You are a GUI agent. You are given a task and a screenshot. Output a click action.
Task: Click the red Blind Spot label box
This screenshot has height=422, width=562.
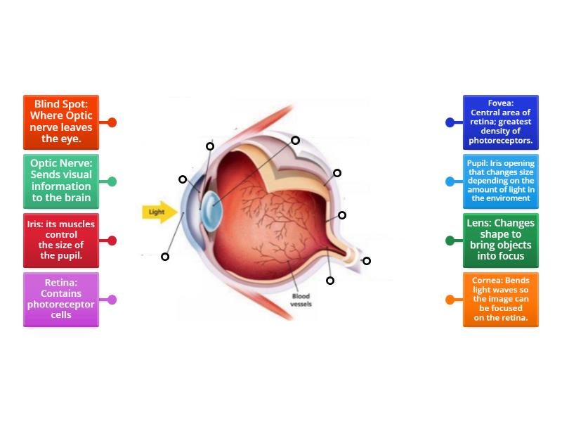point(60,122)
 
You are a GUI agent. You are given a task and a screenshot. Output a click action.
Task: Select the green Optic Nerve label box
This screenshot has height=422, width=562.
point(60,181)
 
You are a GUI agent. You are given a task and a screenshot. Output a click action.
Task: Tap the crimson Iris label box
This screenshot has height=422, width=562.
point(60,240)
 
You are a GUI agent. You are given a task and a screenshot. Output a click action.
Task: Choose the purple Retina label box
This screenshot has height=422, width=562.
point(60,299)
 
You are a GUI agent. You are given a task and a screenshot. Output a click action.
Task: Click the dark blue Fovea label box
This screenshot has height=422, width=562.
point(501,122)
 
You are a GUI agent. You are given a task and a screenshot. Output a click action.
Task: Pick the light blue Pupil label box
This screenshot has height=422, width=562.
point(501,181)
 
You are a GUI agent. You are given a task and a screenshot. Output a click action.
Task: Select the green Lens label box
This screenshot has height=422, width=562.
point(501,240)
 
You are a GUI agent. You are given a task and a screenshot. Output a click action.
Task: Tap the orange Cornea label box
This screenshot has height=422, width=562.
point(501,299)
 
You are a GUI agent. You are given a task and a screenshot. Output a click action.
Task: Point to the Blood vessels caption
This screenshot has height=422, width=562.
point(301,300)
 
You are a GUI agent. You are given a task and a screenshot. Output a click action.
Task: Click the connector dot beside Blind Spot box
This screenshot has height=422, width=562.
point(112,122)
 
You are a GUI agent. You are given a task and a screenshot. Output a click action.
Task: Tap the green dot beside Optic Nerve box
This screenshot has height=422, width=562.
point(112,181)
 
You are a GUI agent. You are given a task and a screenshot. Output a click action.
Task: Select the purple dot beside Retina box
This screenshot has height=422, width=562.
point(112,300)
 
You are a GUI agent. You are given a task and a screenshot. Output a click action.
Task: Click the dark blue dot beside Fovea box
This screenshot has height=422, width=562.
point(450,122)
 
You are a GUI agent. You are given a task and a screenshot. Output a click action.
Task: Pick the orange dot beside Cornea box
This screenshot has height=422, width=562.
point(450,300)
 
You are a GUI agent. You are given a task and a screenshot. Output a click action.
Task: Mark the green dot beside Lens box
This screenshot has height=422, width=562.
point(450,241)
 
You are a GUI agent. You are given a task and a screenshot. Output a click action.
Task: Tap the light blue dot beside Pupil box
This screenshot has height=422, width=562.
point(450,181)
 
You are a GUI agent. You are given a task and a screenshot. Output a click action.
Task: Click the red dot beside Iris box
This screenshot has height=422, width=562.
point(112,241)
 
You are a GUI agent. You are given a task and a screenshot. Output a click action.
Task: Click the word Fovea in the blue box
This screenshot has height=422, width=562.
point(501,103)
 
